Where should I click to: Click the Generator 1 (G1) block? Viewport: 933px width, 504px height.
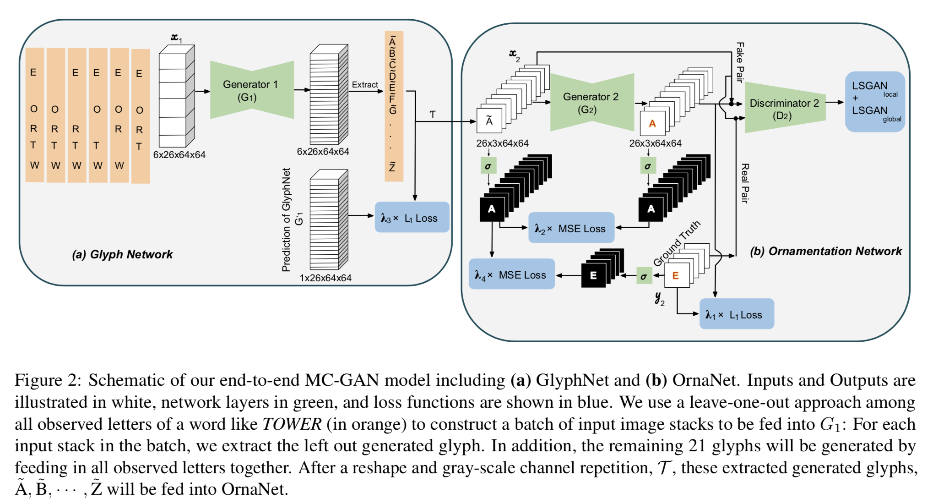(251, 90)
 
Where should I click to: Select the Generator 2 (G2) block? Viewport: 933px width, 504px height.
(591, 103)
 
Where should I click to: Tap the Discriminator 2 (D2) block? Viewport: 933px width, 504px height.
(784, 109)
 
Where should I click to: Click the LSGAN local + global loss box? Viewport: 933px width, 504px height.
(874, 102)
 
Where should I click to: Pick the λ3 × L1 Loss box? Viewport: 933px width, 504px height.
(411, 218)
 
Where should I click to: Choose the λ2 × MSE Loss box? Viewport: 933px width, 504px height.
(571, 228)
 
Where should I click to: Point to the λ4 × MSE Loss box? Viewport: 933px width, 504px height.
(511, 274)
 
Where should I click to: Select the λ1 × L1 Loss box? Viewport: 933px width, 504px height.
(736, 314)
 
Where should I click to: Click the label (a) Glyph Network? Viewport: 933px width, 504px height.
(122, 254)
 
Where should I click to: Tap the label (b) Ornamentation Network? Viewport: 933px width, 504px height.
(825, 251)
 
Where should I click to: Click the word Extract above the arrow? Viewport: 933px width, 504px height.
(364, 85)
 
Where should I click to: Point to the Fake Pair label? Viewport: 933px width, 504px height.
(740, 62)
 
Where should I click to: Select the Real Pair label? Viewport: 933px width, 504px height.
(745, 183)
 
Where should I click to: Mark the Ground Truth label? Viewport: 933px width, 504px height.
(677, 243)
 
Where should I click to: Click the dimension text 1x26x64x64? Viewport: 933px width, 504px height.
(325, 278)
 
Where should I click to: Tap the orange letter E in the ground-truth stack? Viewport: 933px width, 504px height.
(675, 275)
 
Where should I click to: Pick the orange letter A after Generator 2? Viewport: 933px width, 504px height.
(652, 123)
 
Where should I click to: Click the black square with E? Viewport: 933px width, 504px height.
(593, 275)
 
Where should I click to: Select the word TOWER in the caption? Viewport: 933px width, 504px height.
(292, 424)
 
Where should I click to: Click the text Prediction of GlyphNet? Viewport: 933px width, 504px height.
(286, 220)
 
